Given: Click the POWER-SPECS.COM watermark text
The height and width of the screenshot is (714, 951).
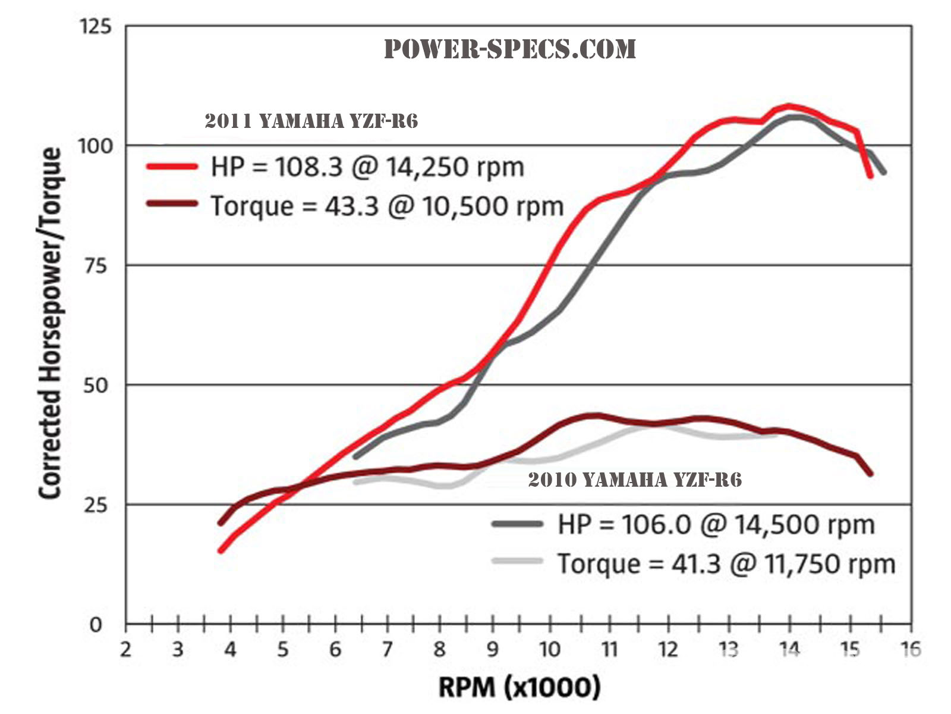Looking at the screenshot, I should pyautogui.click(x=510, y=49).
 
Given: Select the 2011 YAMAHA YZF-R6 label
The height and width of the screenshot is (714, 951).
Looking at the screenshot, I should pyautogui.click(x=311, y=121).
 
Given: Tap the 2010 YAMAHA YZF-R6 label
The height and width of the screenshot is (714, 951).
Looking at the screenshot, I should pyautogui.click(x=635, y=480).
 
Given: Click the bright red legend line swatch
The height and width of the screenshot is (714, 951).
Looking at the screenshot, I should pyautogui.click(x=172, y=167).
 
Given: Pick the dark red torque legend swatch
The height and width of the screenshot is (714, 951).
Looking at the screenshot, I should pyautogui.click(x=172, y=204).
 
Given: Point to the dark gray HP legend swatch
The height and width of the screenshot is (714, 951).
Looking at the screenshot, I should pyautogui.click(x=517, y=524).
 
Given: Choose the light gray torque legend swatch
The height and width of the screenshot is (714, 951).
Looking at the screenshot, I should pyautogui.click(x=517, y=561).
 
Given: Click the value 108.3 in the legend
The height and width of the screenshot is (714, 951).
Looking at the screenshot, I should pyautogui.click(x=309, y=167).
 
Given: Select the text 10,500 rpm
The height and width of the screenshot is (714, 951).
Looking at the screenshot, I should pyautogui.click(x=493, y=206).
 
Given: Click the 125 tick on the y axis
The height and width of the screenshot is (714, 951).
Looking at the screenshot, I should pyautogui.click(x=95, y=27).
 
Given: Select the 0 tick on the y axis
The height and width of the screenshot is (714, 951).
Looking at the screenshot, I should pyautogui.click(x=96, y=625).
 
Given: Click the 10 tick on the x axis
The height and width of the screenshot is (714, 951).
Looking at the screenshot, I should pyautogui.click(x=550, y=649).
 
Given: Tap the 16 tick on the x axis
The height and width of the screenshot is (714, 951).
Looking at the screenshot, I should pyautogui.click(x=911, y=649).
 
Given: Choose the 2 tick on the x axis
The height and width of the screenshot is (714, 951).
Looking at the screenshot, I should pyautogui.click(x=125, y=649).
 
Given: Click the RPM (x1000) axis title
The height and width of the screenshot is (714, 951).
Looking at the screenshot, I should pyautogui.click(x=519, y=687).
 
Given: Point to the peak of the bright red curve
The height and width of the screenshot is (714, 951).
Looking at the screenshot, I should pyautogui.click(x=789, y=106).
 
